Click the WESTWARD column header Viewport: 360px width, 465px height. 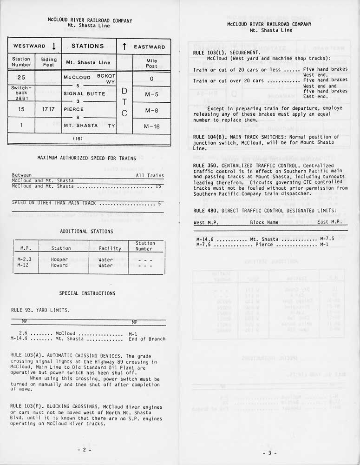click(x=29, y=46)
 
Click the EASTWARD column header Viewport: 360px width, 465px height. click(x=149, y=47)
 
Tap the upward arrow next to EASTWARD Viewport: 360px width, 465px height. click(x=124, y=46)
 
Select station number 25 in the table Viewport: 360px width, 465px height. click(x=21, y=78)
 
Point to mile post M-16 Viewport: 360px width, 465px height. click(x=151, y=126)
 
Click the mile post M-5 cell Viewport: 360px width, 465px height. click(x=151, y=94)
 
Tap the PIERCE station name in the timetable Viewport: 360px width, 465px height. click(x=74, y=110)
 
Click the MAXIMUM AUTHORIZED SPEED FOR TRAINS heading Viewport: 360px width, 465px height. click(x=86, y=158)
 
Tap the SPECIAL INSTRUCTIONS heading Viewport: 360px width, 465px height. click(x=87, y=293)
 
